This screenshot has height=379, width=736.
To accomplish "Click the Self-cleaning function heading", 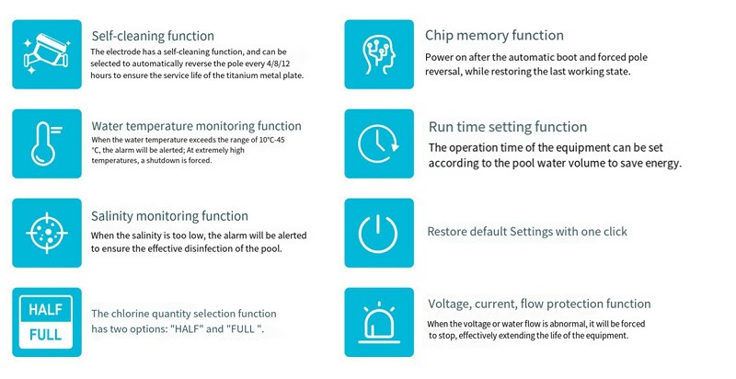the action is [153, 36].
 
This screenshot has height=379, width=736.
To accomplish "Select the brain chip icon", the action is [379, 54].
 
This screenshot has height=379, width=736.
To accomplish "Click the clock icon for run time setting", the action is [378, 144].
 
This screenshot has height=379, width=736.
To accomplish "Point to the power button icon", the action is [378, 233].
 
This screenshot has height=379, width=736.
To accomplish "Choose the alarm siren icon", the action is [379, 323].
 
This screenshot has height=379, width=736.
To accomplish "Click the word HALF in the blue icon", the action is [45, 310].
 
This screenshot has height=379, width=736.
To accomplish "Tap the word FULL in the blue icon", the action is [45, 335].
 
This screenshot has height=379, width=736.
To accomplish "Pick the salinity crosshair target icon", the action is [47, 233].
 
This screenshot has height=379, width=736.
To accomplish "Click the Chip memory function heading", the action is [494, 35].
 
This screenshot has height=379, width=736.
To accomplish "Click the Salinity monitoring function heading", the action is [169, 216].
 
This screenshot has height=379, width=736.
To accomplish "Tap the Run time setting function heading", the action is [508, 127].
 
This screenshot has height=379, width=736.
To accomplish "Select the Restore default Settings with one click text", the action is [527, 232].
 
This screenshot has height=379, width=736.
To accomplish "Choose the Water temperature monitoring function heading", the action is [196, 126].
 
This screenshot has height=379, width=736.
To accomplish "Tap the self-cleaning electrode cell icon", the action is [47, 53].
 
